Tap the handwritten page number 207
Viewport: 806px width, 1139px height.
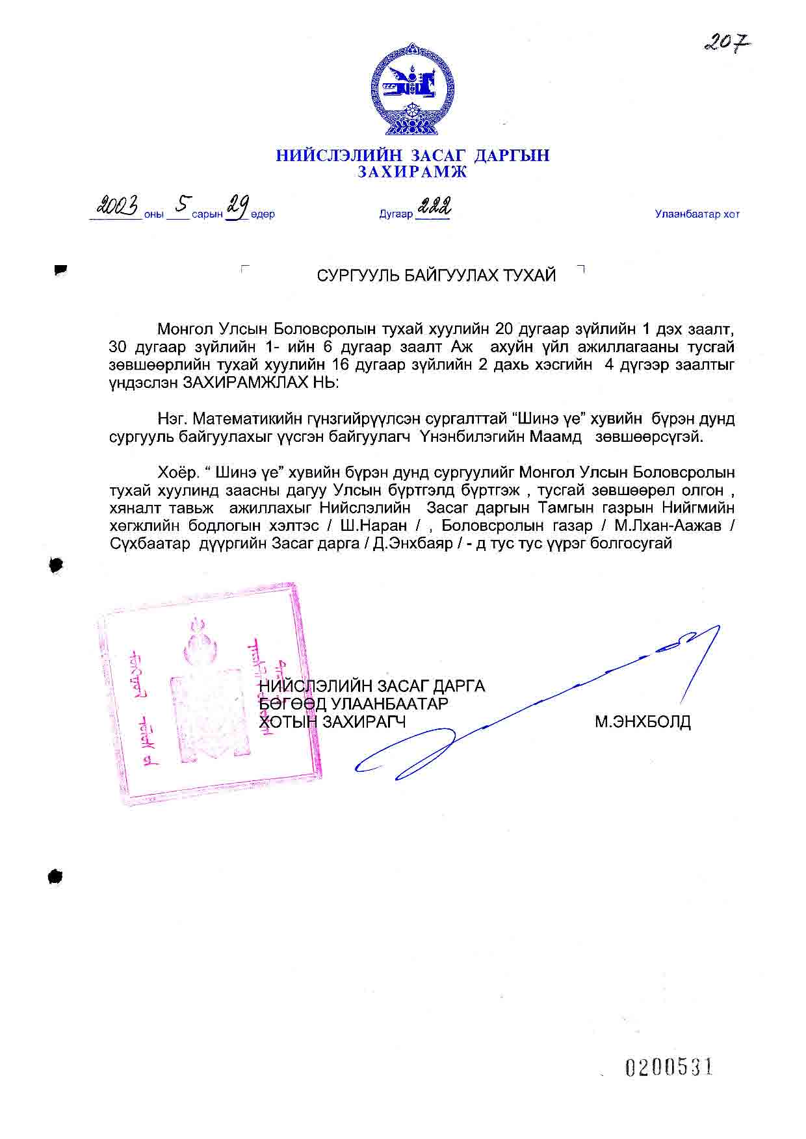point(727,44)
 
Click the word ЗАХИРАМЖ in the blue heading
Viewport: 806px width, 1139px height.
point(412,172)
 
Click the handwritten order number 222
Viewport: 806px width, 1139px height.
point(434,208)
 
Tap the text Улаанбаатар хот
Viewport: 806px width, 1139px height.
point(697,214)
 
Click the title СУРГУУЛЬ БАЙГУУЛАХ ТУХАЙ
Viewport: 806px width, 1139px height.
point(436,275)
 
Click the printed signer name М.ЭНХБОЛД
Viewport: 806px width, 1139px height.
point(642,722)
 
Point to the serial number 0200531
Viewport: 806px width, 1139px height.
point(669,1067)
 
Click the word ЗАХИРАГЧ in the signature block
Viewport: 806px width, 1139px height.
point(364,722)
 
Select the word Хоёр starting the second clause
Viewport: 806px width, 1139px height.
point(177,472)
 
